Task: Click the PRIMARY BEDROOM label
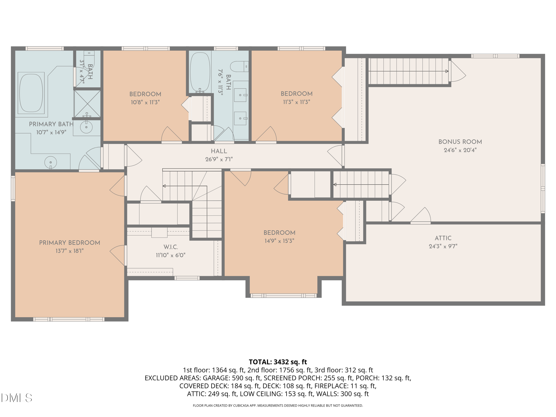coord(70,243)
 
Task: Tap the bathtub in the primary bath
coord(31,93)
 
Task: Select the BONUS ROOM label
coord(460,142)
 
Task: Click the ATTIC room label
coord(443,238)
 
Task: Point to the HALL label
coord(219,151)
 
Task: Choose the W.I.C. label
coord(171,247)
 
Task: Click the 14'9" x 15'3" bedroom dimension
coord(279,241)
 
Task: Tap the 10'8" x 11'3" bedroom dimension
coord(145,102)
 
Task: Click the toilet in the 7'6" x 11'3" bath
coord(239,67)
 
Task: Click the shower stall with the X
coord(87,104)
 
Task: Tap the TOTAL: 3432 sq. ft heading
coord(278,362)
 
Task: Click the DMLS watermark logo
coord(17,398)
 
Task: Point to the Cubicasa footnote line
coord(278,406)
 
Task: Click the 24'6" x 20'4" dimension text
coord(460,150)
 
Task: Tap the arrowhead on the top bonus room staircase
coord(447,71)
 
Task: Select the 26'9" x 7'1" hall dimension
coord(219,159)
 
